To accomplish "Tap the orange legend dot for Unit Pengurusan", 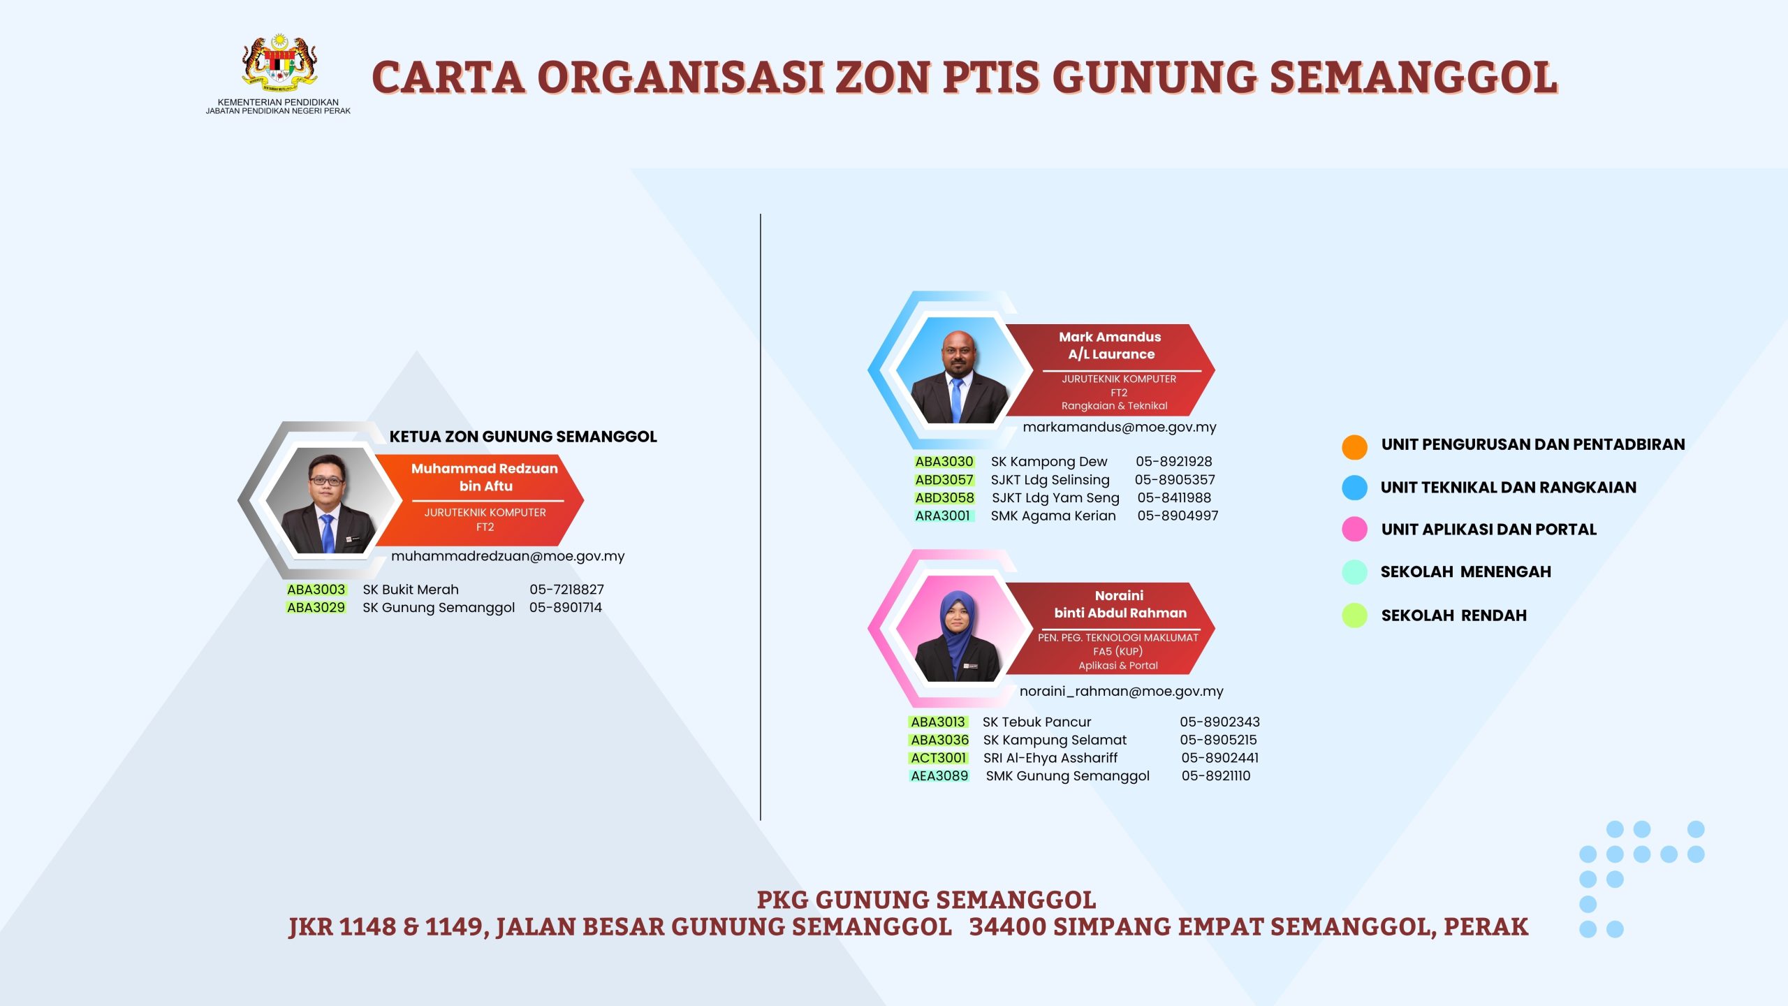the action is click(x=1354, y=447).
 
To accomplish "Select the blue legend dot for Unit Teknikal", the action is click(x=1354, y=488).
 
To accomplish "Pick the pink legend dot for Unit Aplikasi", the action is click(x=1354, y=529).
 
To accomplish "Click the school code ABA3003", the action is click(x=316, y=590).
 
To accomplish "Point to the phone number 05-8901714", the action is click(x=566, y=608).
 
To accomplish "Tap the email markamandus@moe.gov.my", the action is click(x=1120, y=428).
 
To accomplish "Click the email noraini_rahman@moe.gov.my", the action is click(x=1122, y=692).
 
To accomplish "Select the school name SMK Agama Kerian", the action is click(x=1053, y=516).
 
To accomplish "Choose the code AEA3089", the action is click(x=939, y=776).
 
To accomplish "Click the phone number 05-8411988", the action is click(x=1174, y=498).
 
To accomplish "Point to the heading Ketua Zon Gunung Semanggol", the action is click(x=523, y=437).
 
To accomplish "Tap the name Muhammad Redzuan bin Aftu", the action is click(x=485, y=477).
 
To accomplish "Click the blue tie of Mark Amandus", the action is click(x=956, y=400).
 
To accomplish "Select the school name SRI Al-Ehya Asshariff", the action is click(x=1050, y=758).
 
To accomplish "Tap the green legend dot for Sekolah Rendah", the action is click(x=1354, y=615).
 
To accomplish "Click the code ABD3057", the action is click(x=944, y=480).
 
